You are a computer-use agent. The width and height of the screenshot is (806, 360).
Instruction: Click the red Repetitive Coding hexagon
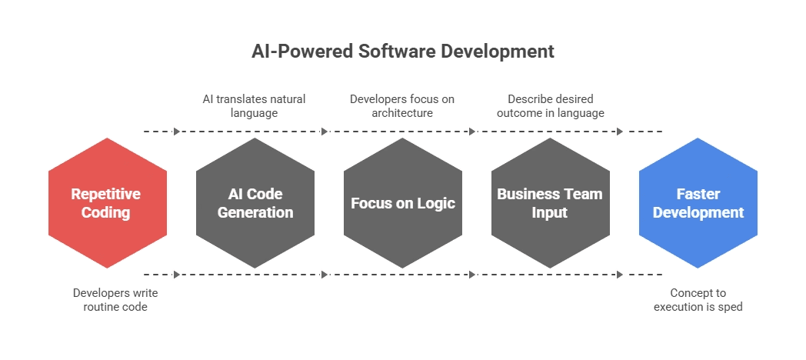tap(106, 203)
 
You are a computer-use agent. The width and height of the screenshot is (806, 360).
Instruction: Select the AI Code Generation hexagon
tap(255, 203)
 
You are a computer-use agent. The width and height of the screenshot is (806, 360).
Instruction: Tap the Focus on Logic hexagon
tap(403, 203)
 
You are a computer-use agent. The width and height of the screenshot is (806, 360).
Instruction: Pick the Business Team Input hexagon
tap(550, 203)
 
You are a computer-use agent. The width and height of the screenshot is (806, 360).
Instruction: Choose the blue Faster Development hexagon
tap(698, 203)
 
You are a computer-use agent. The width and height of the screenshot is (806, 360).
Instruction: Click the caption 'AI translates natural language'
tap(254, 106)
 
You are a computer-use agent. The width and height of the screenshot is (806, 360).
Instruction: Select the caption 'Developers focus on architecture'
tap(402, 106)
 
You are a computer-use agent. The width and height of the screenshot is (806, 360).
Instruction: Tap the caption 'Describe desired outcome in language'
tap(550, 106)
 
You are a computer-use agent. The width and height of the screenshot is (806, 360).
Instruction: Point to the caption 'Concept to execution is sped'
tap(698, 300)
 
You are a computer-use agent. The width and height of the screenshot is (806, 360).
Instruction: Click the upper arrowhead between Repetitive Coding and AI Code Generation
tap(177, 132)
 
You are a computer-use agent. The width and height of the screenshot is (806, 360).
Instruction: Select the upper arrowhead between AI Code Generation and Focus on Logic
tap(325, 132)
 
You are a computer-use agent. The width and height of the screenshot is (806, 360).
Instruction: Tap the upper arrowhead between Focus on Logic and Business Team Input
tap(472, 132)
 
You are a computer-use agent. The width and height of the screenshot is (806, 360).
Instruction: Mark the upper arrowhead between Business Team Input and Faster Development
tap(620, 132)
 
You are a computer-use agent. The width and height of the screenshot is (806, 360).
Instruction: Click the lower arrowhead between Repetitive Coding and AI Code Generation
tap(177, 274)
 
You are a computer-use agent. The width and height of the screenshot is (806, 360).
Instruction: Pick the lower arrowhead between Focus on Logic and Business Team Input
tap(472, 274)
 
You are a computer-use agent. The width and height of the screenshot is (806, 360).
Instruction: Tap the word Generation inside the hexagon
tap(255, 212)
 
